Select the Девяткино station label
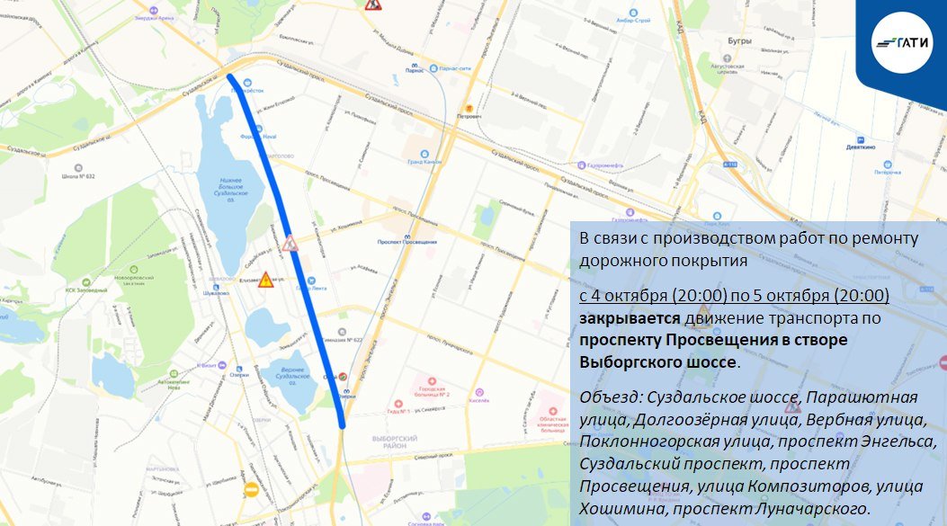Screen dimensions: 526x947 click(862, 149)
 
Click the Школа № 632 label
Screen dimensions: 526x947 click(78, 177)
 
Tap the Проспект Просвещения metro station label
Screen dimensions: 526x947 click(407, 242)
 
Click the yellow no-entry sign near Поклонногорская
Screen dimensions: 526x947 click(251, 490)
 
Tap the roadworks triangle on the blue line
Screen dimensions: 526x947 click(290, 243)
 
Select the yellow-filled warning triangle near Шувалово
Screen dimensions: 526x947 click(265, 280)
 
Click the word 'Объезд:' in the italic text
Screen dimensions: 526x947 click(609, 397)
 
